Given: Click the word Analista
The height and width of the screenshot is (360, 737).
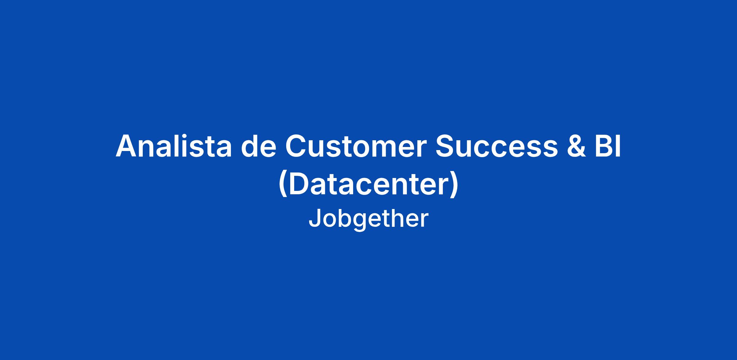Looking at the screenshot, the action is click(174, 146).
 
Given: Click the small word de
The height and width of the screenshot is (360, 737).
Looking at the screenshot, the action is click(258, 146).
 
